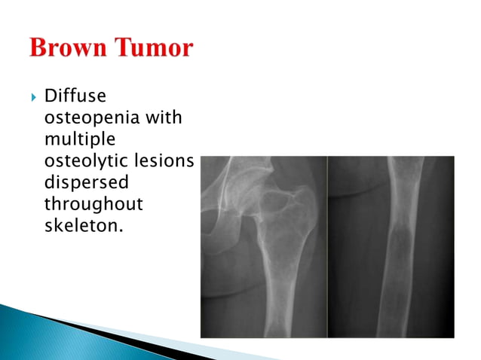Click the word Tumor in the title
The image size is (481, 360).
(155, 49)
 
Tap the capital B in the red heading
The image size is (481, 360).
(38, 49)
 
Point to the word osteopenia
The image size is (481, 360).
(87, 118)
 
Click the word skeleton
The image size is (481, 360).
(79, 226)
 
